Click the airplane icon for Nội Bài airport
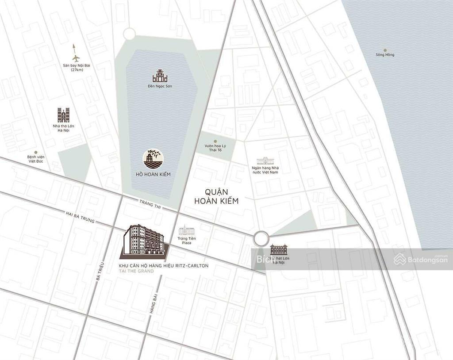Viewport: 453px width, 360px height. click(x=76, y=57)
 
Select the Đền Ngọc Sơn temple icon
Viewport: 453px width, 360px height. click(x=161, y=76)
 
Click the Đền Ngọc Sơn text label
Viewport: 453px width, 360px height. click(x=160, y=86)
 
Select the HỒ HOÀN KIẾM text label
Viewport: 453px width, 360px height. click(x=153, y=174)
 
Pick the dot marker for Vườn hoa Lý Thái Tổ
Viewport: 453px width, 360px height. click(x=215, y=142)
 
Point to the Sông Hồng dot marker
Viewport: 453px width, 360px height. click(x=385, y=50)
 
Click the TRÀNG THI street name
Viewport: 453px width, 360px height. click(x=149, y=204)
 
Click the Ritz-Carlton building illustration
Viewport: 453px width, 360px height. click(x=143, y=241)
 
